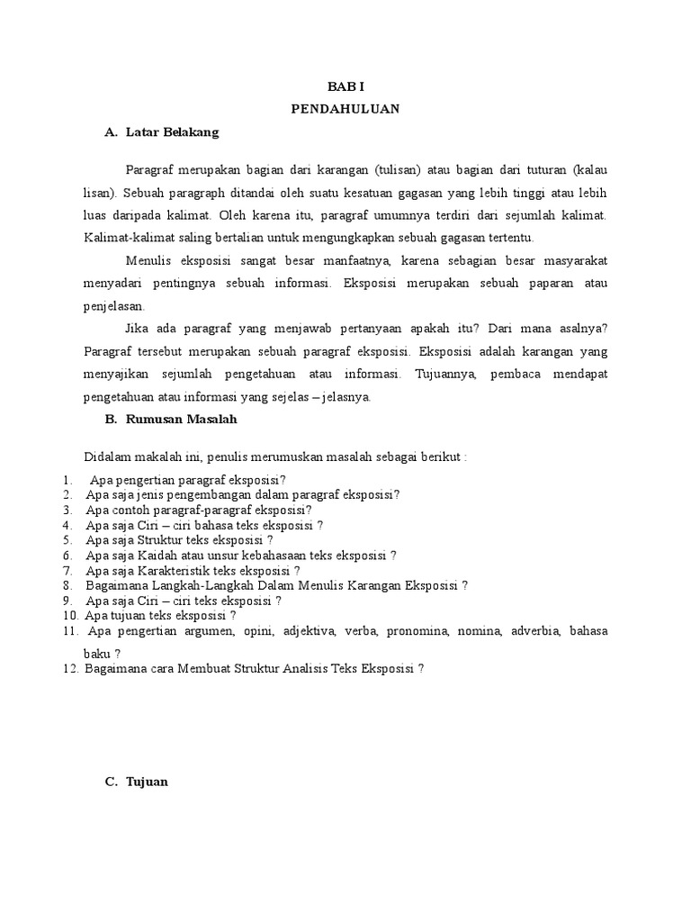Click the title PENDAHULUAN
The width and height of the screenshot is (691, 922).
pos(345,109)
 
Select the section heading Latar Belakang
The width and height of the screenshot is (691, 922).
pos(170,132)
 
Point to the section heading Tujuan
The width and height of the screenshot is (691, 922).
pos(145,782)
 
